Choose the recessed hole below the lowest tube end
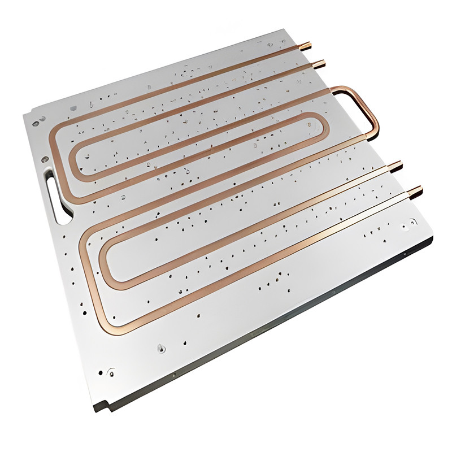(405, 228)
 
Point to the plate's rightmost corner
(433, 236)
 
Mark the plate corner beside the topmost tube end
(297, 34)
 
